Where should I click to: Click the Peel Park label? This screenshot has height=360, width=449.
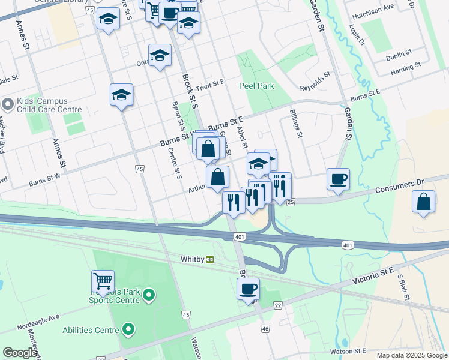[256, 86]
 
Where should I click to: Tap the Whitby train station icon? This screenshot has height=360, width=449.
[210, 259]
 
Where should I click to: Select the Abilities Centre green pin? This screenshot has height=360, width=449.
[128, 329]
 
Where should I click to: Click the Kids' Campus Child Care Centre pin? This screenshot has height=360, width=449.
[7, 104]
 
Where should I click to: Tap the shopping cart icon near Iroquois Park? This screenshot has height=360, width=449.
[103, 281]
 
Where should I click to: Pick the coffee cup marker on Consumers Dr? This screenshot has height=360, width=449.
[338, 179]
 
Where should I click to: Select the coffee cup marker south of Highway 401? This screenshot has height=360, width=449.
[248, 289]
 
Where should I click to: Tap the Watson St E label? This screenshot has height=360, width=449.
[348, 350]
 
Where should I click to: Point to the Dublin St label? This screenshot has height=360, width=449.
[399, 53]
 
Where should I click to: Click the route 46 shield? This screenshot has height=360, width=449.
[265, 328]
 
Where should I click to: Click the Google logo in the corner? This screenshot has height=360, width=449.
[20, 353]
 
